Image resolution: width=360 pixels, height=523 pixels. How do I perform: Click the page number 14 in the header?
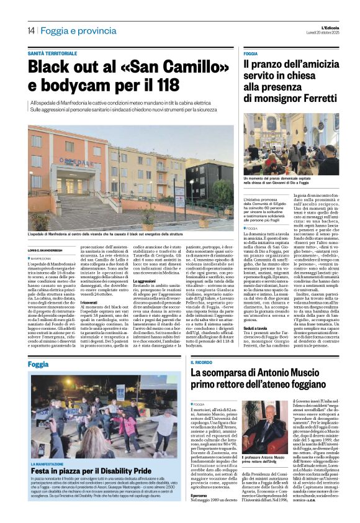30,30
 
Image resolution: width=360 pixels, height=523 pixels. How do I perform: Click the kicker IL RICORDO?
202,362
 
